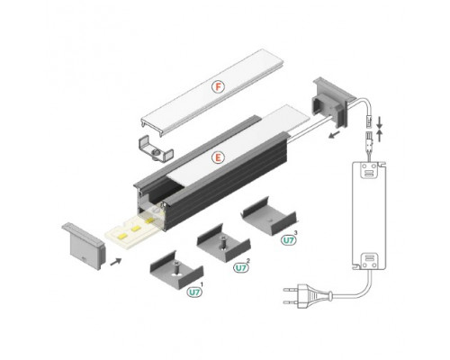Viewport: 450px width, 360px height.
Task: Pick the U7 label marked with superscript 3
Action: pos(289,240)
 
